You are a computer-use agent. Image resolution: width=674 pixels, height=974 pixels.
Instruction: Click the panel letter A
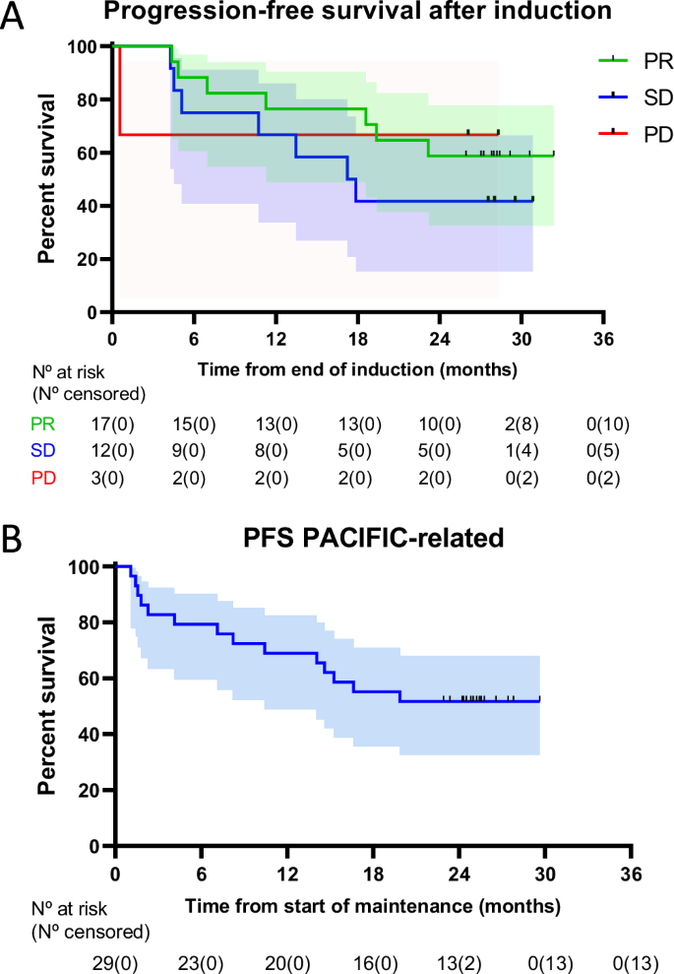13,18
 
